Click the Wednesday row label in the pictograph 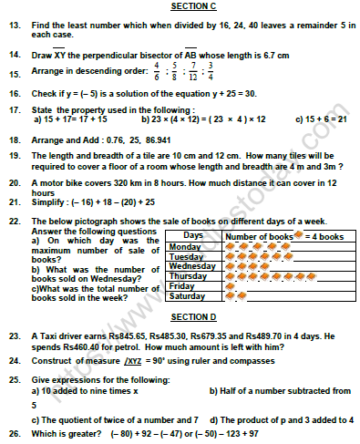coord(191,266)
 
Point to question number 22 coord(12,220)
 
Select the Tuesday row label coord(186,256)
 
